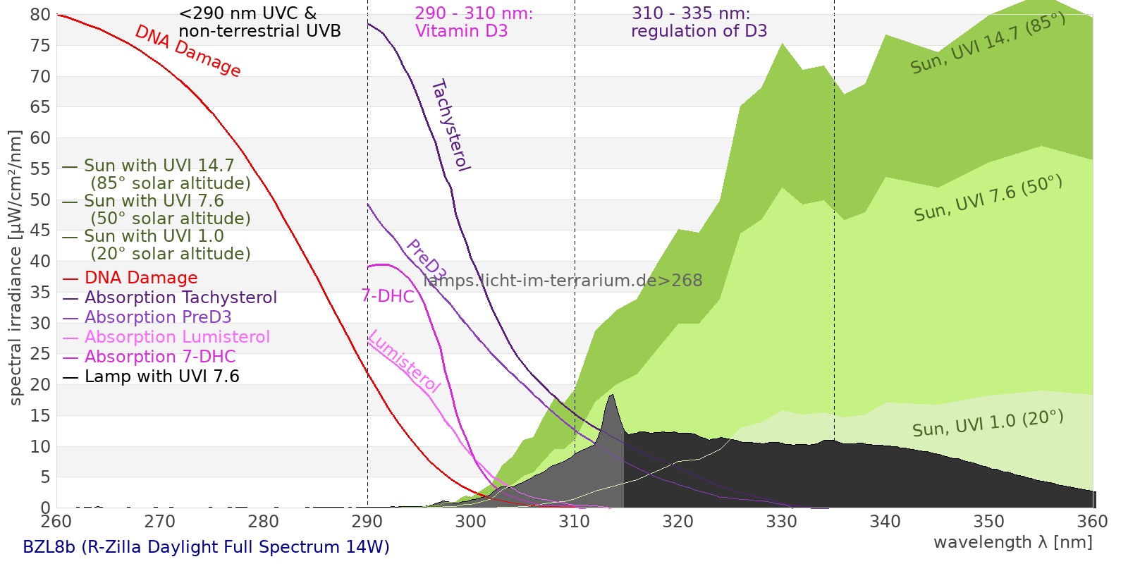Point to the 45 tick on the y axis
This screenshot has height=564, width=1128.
pyautogui.click(x=41, y=231)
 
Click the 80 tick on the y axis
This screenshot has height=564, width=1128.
pyautogui.click(x=41, y=15)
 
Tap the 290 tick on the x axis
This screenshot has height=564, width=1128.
pyautogui.click(x=367, y=522)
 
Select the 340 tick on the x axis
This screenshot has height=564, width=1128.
pyautogui.click(x=885, y=522)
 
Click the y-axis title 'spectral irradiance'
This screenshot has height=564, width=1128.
pyautogui.click(x=16, y=268)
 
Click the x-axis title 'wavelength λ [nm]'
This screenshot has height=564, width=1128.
pyautogui.click(x=1012, y=543)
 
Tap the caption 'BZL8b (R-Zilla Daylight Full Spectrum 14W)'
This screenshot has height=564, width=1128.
pyautogui.click(x=206, y=548)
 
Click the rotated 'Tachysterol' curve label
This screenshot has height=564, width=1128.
pyautogui.click(x=450, y=125)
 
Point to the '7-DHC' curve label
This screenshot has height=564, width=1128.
pyautogui.click(x=388, y=297)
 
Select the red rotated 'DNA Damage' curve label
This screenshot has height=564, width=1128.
pyautogui.click(x=188, y=51)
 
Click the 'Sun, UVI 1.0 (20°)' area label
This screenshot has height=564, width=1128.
pyautogui.click(x=988, y=424)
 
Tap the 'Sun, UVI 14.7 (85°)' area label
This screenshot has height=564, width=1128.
pyautogui.click(x=988, y=44)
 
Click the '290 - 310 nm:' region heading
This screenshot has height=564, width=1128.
pyautogui.click(x=474, y=13)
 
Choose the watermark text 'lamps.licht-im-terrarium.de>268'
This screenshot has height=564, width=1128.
pyautogui.click(x=563, y=281)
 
